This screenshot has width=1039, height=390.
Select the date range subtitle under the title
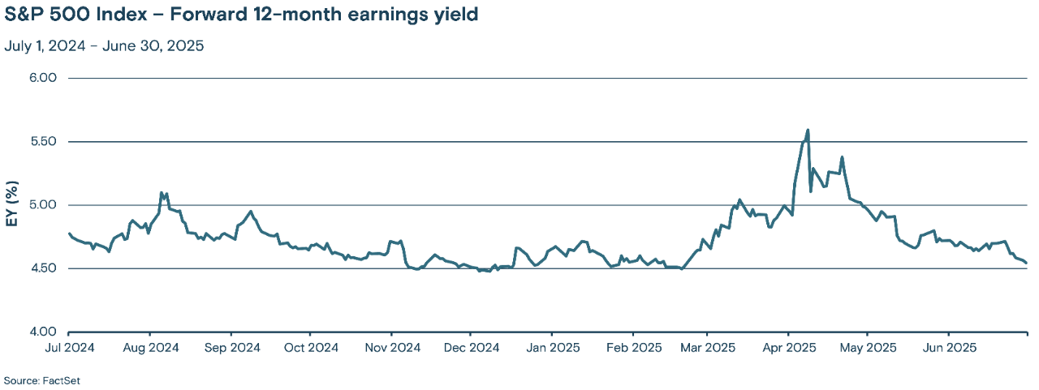[x=104, y=45]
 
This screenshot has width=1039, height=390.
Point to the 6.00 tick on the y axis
[x=42, y=79]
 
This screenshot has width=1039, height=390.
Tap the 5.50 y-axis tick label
[x=42, y=142]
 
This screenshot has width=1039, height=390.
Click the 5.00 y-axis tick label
[x=42, y=205]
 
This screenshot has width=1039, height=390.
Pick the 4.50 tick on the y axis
[x=42, y=268]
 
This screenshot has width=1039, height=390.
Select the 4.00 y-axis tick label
[x=42, y=332]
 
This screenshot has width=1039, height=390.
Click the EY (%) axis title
[x=12, y=205]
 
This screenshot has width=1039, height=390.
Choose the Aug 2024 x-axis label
[x=150, y=348]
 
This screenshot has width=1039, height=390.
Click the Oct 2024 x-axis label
[x=310, y=348]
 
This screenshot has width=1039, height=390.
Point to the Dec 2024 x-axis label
[x=471, y=348]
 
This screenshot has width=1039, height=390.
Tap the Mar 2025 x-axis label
[x=707, y=348]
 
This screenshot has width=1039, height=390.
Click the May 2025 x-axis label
[x=867, y=348]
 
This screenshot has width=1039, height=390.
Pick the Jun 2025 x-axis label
[x=949, y=348]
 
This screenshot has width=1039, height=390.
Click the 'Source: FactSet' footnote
[x=42, y=380]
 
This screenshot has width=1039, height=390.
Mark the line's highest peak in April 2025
[x=808, y=130]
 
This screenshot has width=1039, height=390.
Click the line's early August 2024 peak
[x=162, y=193]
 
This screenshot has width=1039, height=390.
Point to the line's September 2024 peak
[x=251, y=212]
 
